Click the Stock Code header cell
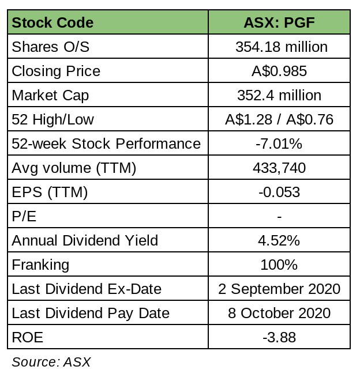pyautogui.click(x=52, y=23)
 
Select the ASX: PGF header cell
pyautogui.click(x=279, y=23)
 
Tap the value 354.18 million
pyautogui.click(x=279, y=47)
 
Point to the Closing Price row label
pyautogui.click(x=56, y=71)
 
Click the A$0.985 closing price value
pyautogui.click(x=279, y=71)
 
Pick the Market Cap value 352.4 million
pyautogui.click(x=279, y=96)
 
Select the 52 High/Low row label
pyautogui.click(x=52, y=120)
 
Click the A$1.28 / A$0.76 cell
pyautogui.click(x=279, y=120)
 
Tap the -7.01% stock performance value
pyautogui.click(x=279, y=144)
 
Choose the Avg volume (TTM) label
pyautogui.click(x=74, y=168)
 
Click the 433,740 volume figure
pyautogui.click(x=279, y=168)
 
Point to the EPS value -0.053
pyautogui.click(x=279, y=192)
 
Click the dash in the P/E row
pyautogui.click(x=279, y=217)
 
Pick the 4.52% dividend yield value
pyautogui.click(x=279, y=241)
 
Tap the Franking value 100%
pyautogui.click(x=279, y=265)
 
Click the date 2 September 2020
pyautogui.click(x=279, y=289)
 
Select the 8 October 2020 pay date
pyautogui.click(x=279, y=314)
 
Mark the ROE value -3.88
pyautogui.click(x=279, y=338)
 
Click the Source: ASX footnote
pyautogui.click(x=51, y=363)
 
